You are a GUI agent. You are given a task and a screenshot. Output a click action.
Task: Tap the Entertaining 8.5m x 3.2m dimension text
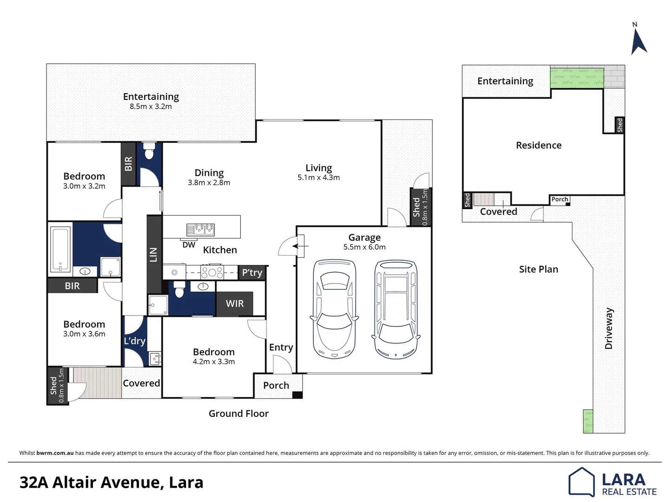[151, 106]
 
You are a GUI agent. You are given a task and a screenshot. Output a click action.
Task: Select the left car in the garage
[334, 309]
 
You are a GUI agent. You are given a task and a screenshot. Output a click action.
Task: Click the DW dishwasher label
[189, 245]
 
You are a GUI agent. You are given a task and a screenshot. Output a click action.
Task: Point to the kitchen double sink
[200, 229]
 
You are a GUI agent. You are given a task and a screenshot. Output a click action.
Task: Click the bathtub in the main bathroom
[60, 249]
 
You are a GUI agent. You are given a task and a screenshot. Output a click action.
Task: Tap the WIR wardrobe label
[234, 304]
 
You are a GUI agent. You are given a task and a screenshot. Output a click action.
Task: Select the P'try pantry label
[252, 273]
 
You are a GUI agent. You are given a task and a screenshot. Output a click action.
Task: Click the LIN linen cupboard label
[153, 255]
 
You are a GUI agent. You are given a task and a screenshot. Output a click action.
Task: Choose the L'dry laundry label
[134, 341]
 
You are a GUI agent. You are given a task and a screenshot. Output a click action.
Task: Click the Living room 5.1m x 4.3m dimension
[318, 178]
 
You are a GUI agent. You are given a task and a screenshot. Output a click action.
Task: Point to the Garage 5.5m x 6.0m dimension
[365, 247]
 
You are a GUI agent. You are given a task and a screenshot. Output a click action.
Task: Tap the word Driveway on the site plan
[609, 328]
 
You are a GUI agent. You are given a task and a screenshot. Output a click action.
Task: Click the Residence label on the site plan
[538, 145]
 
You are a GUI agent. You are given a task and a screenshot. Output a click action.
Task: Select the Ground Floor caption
[239, 414]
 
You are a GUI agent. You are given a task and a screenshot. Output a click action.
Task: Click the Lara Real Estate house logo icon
[582, 482]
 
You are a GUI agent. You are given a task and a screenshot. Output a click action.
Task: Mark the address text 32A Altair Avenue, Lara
[112, 482]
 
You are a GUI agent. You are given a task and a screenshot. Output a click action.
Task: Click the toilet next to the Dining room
[149, 151]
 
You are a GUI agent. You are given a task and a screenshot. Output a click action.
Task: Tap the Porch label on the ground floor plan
[276, 385]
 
